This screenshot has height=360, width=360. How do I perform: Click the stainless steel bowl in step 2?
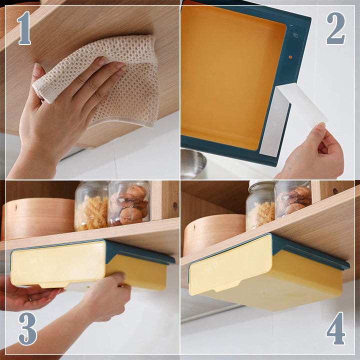point(193,162)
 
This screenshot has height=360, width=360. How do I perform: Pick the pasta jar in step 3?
point(91,207)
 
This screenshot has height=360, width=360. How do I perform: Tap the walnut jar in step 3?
point(129,205)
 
